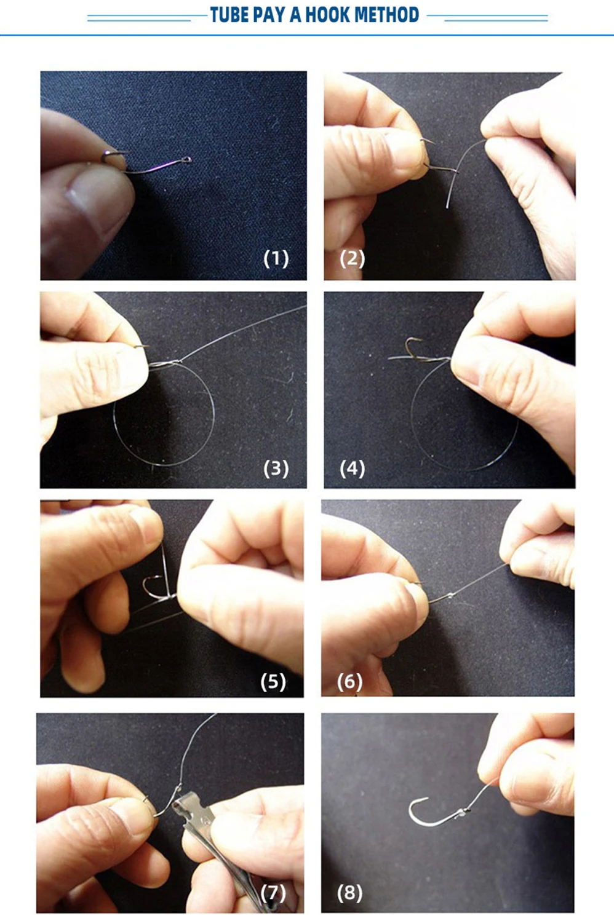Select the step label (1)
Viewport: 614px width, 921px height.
click(276, 258)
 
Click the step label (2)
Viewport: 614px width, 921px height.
click(353, 258)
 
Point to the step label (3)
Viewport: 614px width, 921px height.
click(276, 468)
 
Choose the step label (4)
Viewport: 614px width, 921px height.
click(353, 468)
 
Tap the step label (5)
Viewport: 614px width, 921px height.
click(273, 681)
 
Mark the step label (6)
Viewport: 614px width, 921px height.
click(350, 681)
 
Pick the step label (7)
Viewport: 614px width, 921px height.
click(273, 892)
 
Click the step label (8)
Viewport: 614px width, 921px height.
click(350, 892)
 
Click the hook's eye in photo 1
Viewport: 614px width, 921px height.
click(187, 160)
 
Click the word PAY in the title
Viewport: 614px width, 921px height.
click(269, 15)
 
